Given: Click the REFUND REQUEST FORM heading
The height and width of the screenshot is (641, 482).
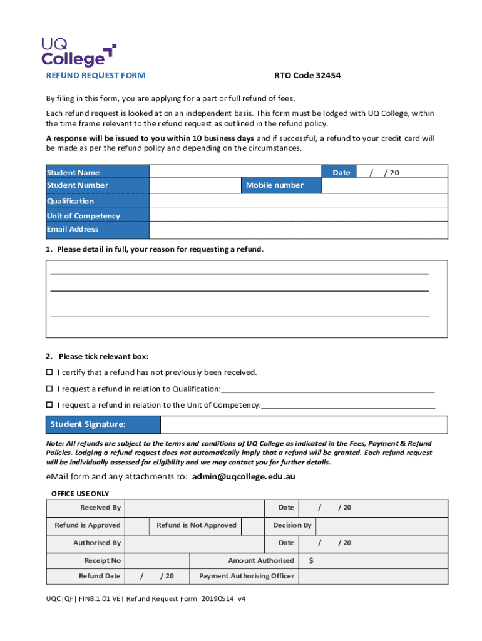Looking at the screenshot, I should click(96, 76).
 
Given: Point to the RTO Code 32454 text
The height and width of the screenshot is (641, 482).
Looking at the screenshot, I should click(307, 76).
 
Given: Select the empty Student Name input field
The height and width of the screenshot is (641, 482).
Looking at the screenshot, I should click(235, 172).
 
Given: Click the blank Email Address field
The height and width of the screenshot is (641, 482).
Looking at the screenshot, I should click(299, 230).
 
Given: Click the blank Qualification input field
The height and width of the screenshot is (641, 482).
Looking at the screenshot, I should click(299, 201).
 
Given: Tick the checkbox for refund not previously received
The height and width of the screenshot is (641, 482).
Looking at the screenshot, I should click(49, 372).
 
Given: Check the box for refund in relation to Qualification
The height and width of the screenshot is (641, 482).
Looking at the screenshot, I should click(49, 389).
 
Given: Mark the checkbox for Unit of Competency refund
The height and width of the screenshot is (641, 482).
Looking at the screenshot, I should click(49, 405).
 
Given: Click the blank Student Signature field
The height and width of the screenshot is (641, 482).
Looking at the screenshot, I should click(304, 425).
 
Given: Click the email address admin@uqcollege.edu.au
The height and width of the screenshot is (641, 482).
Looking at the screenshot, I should click(244, 477).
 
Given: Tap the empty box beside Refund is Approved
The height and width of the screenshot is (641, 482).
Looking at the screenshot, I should click(137, 526).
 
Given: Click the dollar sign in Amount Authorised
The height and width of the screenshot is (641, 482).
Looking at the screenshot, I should click(312, 561).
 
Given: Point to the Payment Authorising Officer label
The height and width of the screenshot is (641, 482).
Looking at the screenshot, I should click(246, 576).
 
